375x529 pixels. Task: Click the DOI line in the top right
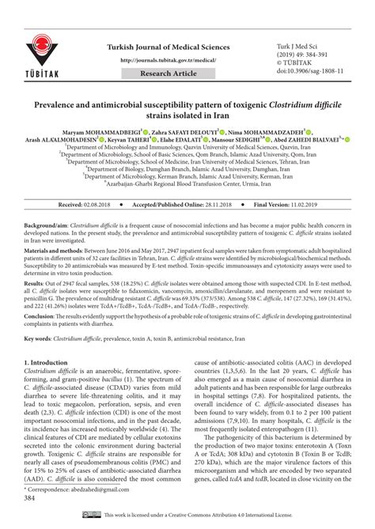312,70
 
